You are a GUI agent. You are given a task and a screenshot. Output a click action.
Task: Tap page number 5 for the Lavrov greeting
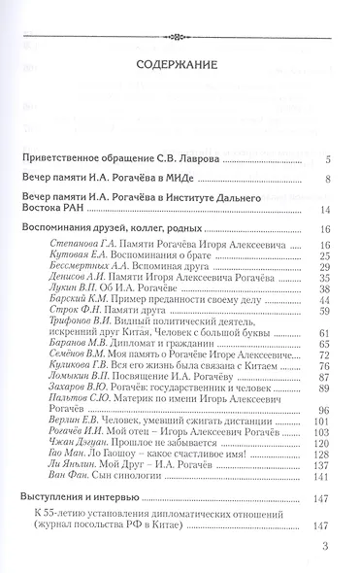click(x=330, y=131)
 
